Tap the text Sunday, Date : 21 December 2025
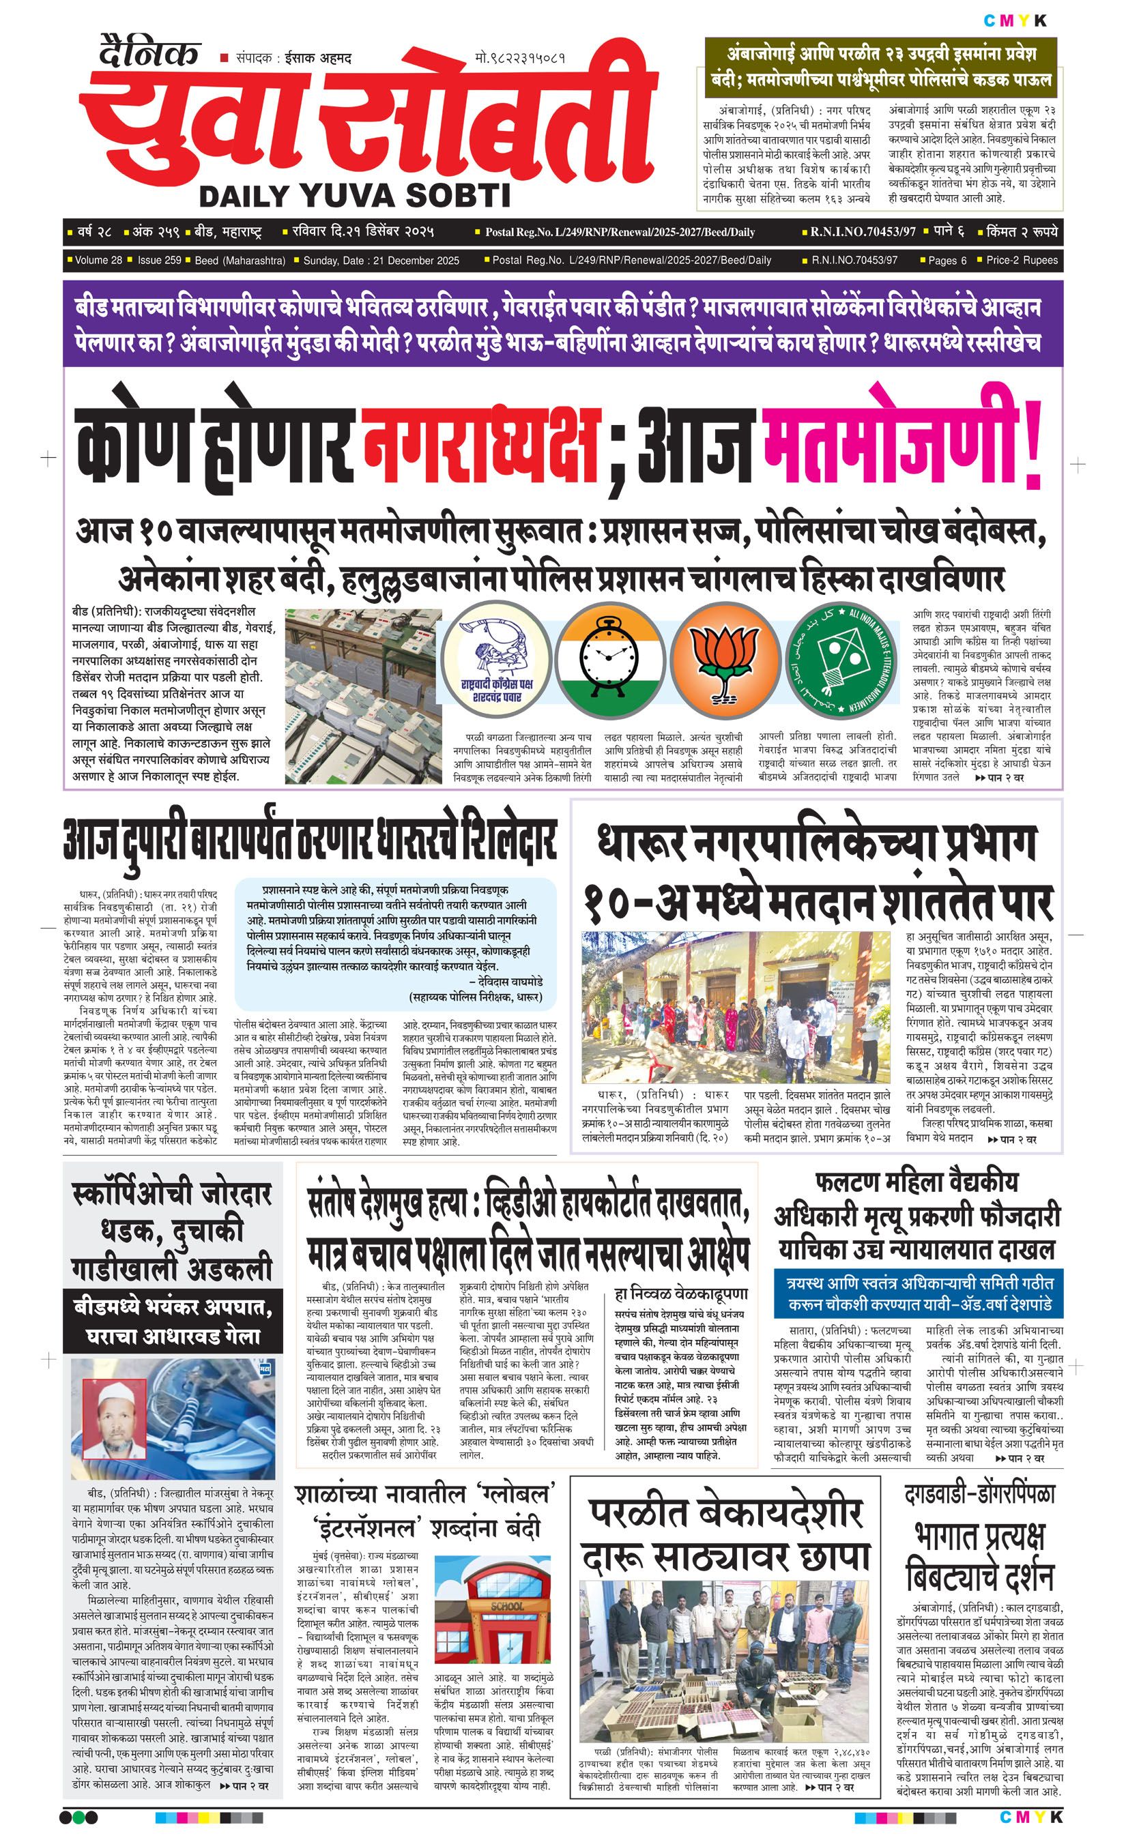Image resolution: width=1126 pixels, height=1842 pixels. [381, 260]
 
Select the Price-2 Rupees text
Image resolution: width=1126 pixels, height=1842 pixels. [1022, 260]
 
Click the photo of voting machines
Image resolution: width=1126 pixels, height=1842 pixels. [363, 695]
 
